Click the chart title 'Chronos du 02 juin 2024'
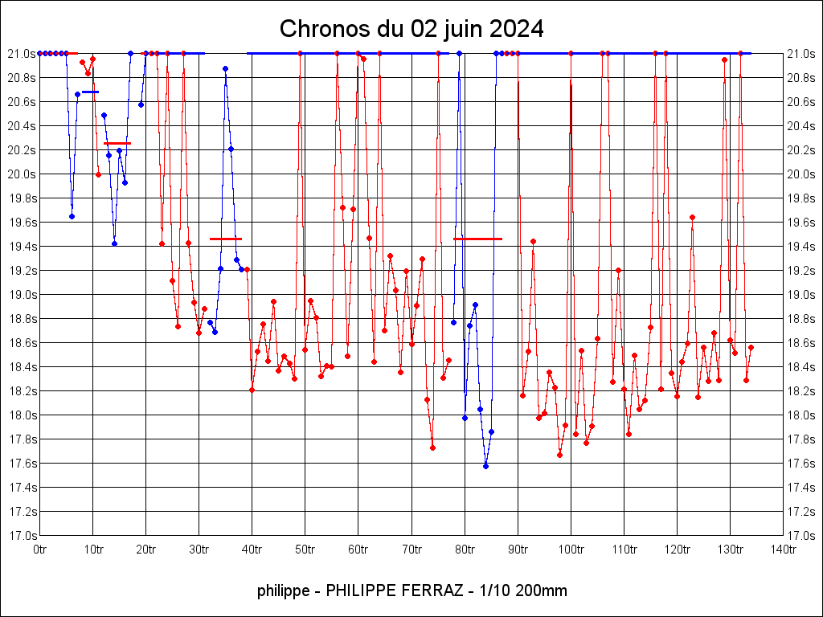411,30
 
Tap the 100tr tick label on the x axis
571,549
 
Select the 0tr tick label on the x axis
40,549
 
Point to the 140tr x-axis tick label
784,549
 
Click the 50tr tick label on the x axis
305,549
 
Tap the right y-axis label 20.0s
801,174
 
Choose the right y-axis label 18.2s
801,390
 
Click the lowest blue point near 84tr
485,466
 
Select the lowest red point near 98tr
560,455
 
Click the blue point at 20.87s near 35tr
225,69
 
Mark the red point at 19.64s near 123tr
692,217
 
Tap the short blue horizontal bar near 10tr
90,92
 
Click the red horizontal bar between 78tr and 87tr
477,239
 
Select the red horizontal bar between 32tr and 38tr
225,239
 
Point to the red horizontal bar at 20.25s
117,143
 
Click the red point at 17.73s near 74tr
432,447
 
